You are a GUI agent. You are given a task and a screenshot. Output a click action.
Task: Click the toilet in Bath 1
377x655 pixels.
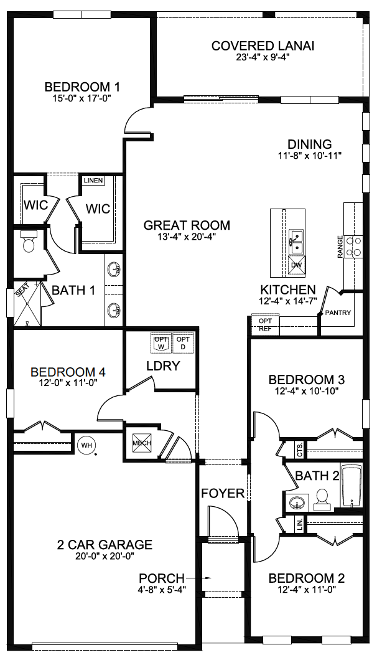29,242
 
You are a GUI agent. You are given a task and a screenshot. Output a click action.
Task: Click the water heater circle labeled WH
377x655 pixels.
85,445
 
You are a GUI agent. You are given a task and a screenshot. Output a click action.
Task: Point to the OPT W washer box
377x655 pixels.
161,342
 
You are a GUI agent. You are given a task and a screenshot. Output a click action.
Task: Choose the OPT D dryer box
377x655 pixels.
183,342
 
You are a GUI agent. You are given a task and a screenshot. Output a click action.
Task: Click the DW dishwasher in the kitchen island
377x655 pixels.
296,266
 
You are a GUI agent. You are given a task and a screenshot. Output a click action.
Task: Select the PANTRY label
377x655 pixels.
338,313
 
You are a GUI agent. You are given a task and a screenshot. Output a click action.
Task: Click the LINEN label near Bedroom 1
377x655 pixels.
93,181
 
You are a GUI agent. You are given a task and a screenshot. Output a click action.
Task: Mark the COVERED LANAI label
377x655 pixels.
263,45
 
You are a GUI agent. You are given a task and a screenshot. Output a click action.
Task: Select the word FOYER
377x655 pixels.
223,493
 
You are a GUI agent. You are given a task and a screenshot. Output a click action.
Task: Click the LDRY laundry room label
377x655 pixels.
163,366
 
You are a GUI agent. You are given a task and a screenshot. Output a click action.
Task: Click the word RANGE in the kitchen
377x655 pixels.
340,247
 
